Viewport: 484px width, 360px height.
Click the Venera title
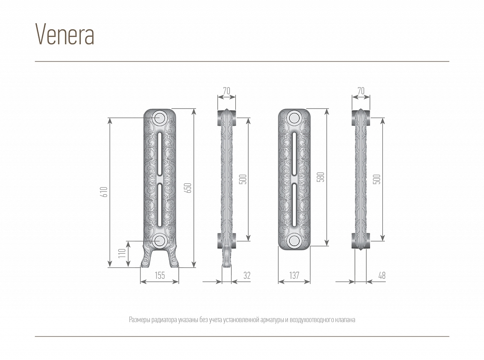[x=65, y=34]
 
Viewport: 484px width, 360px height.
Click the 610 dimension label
[x=104, y=192]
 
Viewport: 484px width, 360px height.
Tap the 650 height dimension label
[x=189, y=188]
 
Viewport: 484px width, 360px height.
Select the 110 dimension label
[x=122, y=253]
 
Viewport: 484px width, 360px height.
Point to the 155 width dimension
[x=160, y=275]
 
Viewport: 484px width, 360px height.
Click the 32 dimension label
[x=247, y=275]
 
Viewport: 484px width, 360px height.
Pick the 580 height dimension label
[x=321, y=177]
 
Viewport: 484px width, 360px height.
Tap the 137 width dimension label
[x=294, y=275]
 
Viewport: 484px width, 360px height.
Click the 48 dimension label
[x=382, y=275]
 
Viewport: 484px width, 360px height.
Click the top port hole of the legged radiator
[x=160, y=118]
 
